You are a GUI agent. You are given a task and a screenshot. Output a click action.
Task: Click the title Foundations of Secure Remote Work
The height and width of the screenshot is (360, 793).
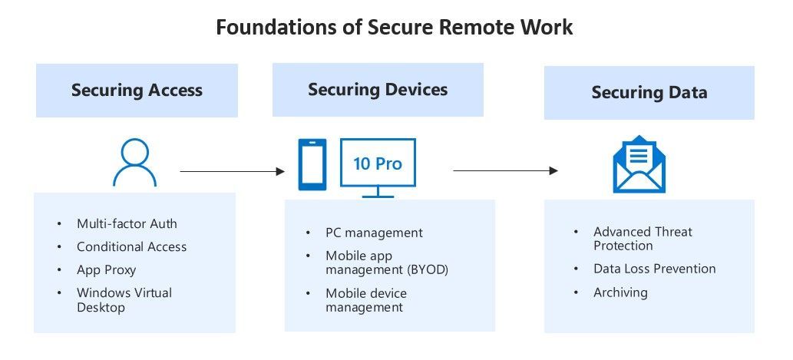[x=394, y=27]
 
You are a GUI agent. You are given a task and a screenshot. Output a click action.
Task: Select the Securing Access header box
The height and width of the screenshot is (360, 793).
[x=137, y=91]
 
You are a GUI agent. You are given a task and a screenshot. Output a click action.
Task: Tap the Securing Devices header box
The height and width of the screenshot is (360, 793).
[x=378, y=90]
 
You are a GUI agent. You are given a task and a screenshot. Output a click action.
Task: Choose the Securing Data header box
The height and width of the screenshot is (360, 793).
[x=649, y=93]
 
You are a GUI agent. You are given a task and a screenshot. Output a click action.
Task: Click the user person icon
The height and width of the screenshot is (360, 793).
[x=134, y=163]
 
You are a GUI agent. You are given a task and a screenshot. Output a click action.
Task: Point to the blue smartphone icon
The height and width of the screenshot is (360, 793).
[x=312, y=164]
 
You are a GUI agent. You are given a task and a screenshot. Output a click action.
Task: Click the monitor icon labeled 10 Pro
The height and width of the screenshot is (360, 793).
[x=377, y=166]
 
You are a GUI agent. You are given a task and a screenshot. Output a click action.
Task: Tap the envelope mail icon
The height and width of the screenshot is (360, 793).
[x=639, y=163]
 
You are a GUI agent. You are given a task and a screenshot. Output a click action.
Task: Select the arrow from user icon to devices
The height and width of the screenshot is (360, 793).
[x=232, y=172]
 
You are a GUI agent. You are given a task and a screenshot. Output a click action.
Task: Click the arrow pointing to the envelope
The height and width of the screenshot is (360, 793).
[x=505, y=170]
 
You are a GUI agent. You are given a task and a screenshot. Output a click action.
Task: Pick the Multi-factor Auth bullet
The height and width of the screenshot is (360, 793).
[x=127, y=224]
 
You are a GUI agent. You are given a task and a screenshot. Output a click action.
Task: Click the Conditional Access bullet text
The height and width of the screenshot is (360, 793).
[x=131, y=247]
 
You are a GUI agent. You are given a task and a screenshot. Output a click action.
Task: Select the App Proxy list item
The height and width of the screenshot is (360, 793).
[x=106, y=270]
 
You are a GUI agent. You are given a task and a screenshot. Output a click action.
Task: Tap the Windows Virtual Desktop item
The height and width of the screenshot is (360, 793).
[x=124, y=300]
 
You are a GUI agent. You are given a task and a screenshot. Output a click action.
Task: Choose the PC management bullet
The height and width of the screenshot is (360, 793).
[x=374, y=233]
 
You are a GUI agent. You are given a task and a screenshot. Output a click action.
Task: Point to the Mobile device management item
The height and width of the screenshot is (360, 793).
[x=365, y=300]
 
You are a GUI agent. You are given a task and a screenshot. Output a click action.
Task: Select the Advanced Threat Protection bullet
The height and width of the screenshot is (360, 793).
[x=642, y=239]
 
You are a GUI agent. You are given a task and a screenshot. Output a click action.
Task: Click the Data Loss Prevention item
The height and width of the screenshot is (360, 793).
[x=654, y=269]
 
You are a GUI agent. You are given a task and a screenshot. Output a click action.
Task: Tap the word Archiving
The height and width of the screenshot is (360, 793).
[x=620, y=292]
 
